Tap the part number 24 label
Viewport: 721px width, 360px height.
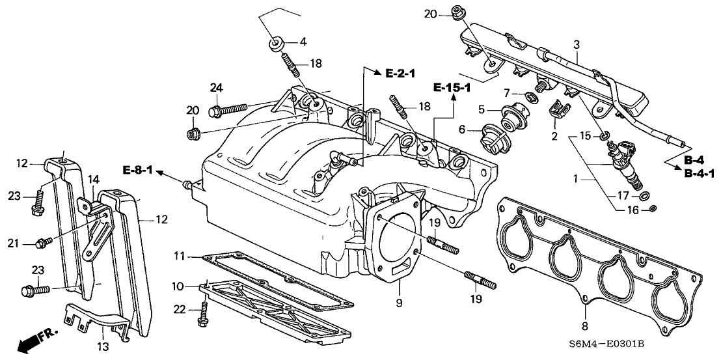tap(217, 87)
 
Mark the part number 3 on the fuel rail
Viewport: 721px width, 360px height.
tap(577, 44)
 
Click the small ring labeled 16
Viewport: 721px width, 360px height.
tap(652, 208)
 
